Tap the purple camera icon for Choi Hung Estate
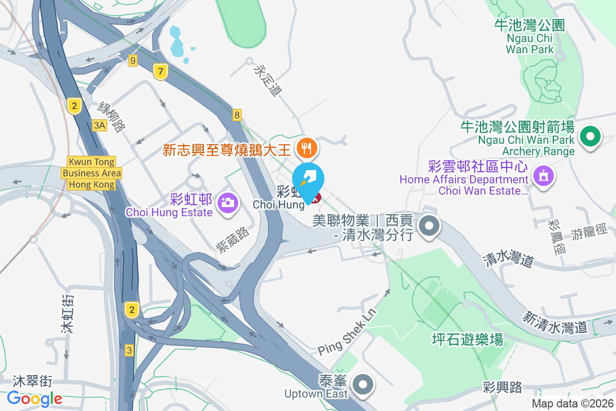click(x=227, y=202)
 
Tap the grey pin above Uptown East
click(x=363, y=384)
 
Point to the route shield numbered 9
click(x=133, y=61)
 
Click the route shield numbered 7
click(x=161, y=72)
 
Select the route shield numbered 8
click(x=237, y=115)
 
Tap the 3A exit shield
click(x=100, y=125)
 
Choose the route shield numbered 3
click(x=129, y=350)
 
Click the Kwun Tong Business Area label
click(x=92, y=173)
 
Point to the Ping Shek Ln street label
click(x=347, y=332)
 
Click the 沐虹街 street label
click(x=67, y=313)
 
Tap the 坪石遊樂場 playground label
click(x=467, y=339)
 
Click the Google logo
click(x=34, y=398)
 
